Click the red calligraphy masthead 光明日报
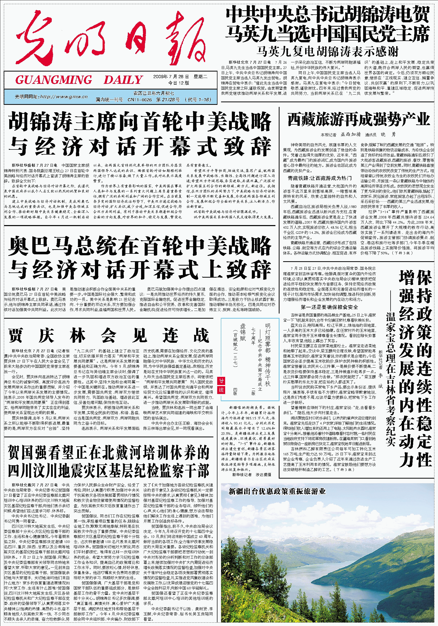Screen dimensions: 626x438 (109, 38)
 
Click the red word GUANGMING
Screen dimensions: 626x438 (54, 80)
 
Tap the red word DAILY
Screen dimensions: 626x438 (123, 80)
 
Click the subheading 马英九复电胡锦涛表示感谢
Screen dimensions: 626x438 (327, 51)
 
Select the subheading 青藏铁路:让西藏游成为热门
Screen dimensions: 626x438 (320, 178)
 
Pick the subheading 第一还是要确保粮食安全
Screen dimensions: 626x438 (329, 307)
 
